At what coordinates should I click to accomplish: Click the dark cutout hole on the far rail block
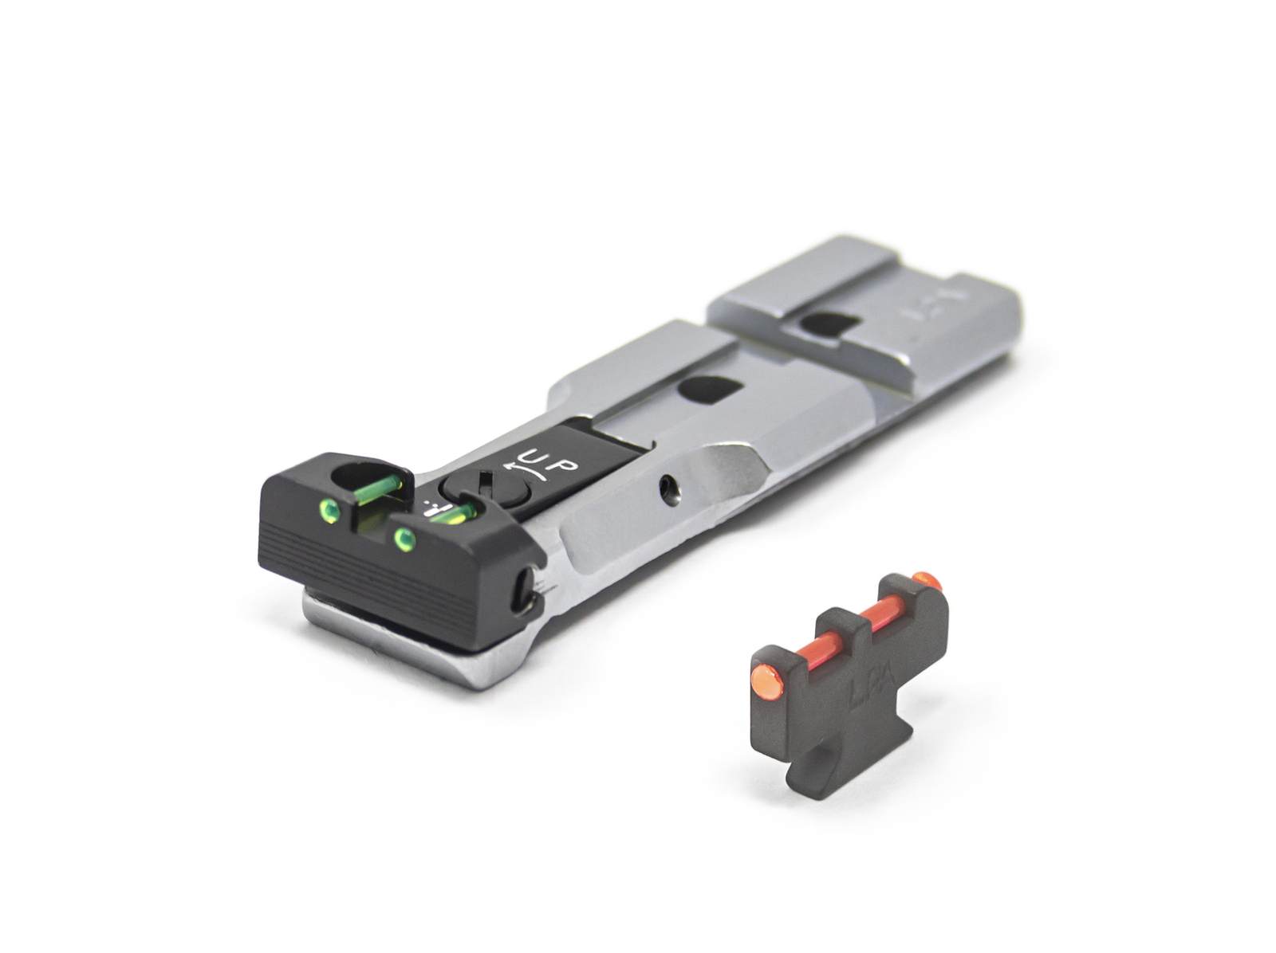click(830, 324)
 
